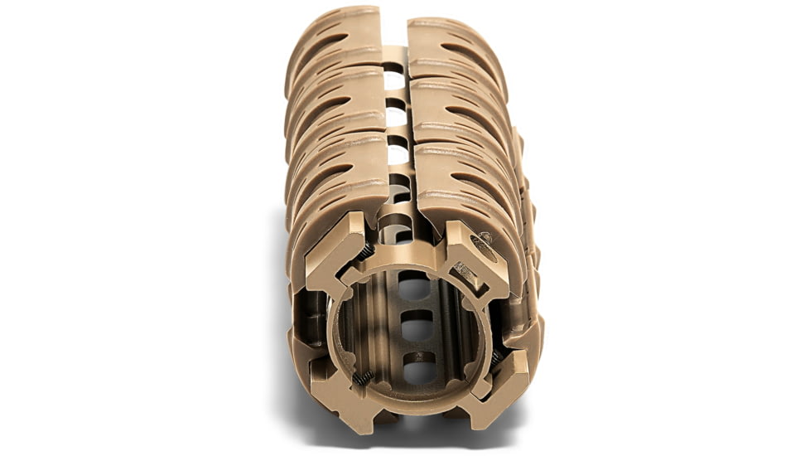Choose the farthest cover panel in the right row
point(456,54)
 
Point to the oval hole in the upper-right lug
point(483,246)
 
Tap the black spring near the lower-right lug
point(494,358)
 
